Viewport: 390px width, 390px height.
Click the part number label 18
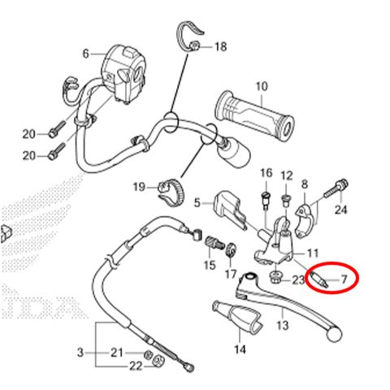[x=221, y=47]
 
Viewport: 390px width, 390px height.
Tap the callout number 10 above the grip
[x=262, y=87]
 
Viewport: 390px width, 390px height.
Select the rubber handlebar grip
[x=255, y=115]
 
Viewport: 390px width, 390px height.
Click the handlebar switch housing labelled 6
[x=123, y=75]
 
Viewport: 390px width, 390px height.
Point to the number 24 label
[x=340, y=210]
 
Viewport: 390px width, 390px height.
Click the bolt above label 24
[x=336, y=188]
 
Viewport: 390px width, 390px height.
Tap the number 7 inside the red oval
[x=344, y=279]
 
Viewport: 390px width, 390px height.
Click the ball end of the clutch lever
[x=335, y=334]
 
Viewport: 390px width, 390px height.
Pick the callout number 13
[x=283, y=325]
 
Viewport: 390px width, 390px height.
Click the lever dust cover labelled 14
[x=237, y=317]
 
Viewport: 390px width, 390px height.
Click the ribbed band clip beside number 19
[x=171, y=193]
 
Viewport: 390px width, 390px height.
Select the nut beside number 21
[x=149, y=353]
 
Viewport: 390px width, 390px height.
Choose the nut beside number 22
[x=158, y=361]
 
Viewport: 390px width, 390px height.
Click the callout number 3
[x=80, y=353]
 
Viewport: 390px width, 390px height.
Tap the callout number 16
[x=266, y=173]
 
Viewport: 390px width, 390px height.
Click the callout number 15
[x=210, y=265]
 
